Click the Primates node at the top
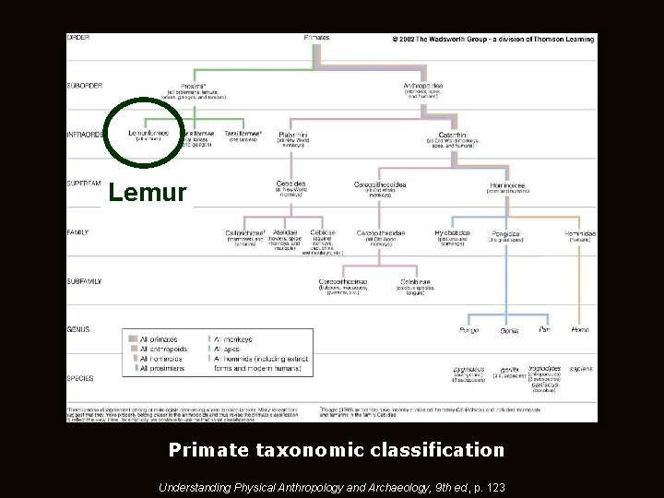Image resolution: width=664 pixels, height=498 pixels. tap(317, 38)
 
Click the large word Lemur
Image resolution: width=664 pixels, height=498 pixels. tap(148, 194)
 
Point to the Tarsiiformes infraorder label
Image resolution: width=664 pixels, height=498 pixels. tap(243, 133)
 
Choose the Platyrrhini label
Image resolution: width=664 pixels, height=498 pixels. tap(294, 135)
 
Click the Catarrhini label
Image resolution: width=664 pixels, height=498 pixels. tap(452, 135)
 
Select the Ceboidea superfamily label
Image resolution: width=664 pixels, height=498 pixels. tap(292, 184)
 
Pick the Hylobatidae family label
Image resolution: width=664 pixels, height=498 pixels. tap(452, 233)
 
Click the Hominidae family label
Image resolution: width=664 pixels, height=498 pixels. tap(580, 233)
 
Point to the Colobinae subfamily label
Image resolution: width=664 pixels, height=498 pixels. tap(415, 281)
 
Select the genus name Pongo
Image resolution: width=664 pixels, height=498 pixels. tap(468, 329)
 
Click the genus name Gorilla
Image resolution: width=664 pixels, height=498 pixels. tap(509, 330)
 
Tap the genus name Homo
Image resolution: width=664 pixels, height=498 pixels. tap(580, 329)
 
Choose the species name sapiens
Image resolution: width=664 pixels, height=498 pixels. tap(580, 368)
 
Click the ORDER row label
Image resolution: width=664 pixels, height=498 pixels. tap(77, 38)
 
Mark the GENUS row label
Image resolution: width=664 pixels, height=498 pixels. tap(78, 329)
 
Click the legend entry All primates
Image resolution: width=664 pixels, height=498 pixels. tap(158, 339)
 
